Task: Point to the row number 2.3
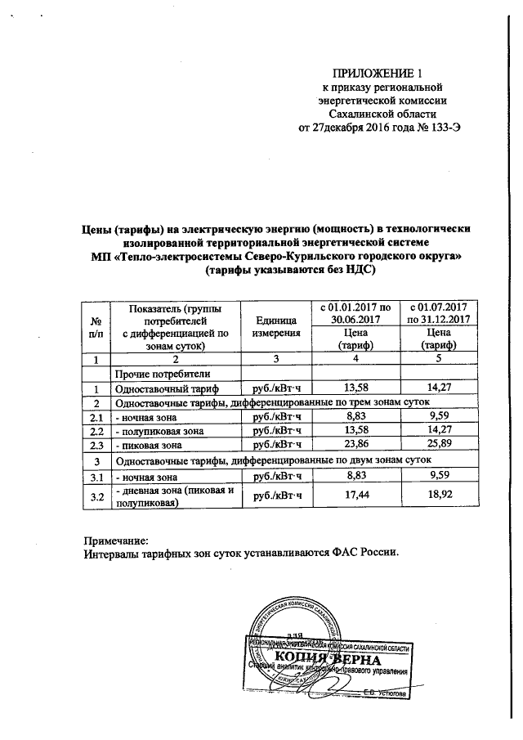click(x=96, y=446)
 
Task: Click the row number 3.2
click(x=96, y=496)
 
